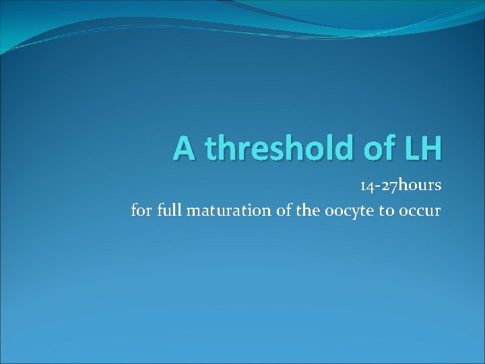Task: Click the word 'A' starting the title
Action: (x=183, y=148)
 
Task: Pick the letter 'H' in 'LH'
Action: (x=432, y=148)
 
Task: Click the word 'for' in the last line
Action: (x=141, y=211)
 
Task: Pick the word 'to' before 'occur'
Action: (x=386, y=211)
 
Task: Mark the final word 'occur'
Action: (x=420, y=211)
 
